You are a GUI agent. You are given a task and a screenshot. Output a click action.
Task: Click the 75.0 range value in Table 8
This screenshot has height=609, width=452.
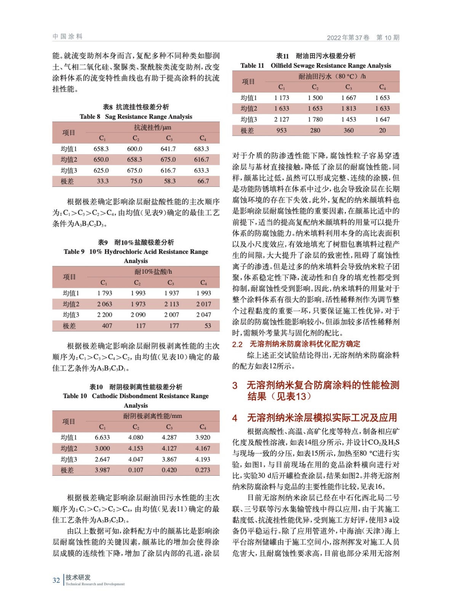136,181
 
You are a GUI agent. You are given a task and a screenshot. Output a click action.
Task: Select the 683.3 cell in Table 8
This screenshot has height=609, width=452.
202,149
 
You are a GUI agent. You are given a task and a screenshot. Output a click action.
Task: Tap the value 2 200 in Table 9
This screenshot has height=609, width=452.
105,315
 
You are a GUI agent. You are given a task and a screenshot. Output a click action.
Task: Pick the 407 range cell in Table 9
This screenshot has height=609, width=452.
107,326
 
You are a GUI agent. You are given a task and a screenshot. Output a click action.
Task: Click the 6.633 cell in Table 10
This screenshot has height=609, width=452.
102,438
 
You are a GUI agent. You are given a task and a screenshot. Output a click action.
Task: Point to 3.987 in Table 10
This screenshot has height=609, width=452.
102,470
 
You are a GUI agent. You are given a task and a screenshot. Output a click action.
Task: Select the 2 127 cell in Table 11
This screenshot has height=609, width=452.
282,120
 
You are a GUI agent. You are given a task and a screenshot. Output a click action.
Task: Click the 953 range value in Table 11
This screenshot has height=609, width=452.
282,131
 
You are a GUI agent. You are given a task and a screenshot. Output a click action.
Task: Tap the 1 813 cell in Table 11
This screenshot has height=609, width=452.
348,108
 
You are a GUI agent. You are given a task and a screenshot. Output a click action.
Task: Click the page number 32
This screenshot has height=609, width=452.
56,580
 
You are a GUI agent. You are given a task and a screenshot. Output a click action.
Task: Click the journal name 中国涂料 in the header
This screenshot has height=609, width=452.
68,37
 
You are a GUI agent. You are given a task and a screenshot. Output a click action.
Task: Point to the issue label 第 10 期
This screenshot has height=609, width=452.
388,37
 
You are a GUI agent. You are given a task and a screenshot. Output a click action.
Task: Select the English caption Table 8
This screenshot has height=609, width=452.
90,116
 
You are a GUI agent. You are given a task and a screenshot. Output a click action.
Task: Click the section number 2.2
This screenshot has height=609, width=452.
237,344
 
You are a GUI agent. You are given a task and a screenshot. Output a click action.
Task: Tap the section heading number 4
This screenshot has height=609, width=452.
235,418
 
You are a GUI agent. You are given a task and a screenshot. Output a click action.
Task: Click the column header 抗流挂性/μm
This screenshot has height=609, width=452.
152,128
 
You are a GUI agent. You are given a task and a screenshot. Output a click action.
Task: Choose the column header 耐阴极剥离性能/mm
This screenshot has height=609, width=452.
152,416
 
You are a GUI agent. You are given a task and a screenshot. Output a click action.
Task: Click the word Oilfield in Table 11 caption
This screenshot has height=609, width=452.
284,65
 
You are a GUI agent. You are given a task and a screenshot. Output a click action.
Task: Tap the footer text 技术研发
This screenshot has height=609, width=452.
78,577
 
